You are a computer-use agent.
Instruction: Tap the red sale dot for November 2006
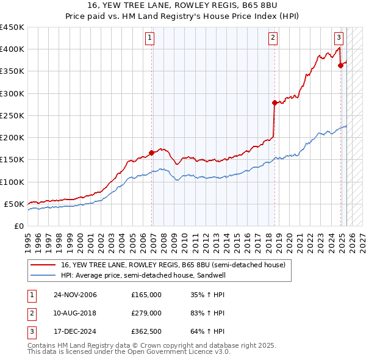[x=151, y=153]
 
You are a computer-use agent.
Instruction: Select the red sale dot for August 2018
[x=274, y=103]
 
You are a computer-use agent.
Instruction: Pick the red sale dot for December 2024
[x=340, y=66]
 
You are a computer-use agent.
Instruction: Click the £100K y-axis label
[x=12, y=182]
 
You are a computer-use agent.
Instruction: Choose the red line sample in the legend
[x=43, y=265]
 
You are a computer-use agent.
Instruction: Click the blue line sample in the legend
[x=43, y=275]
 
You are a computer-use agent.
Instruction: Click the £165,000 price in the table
[x=146, y=295]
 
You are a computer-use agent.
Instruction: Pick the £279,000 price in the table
[x=146, y=313]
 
